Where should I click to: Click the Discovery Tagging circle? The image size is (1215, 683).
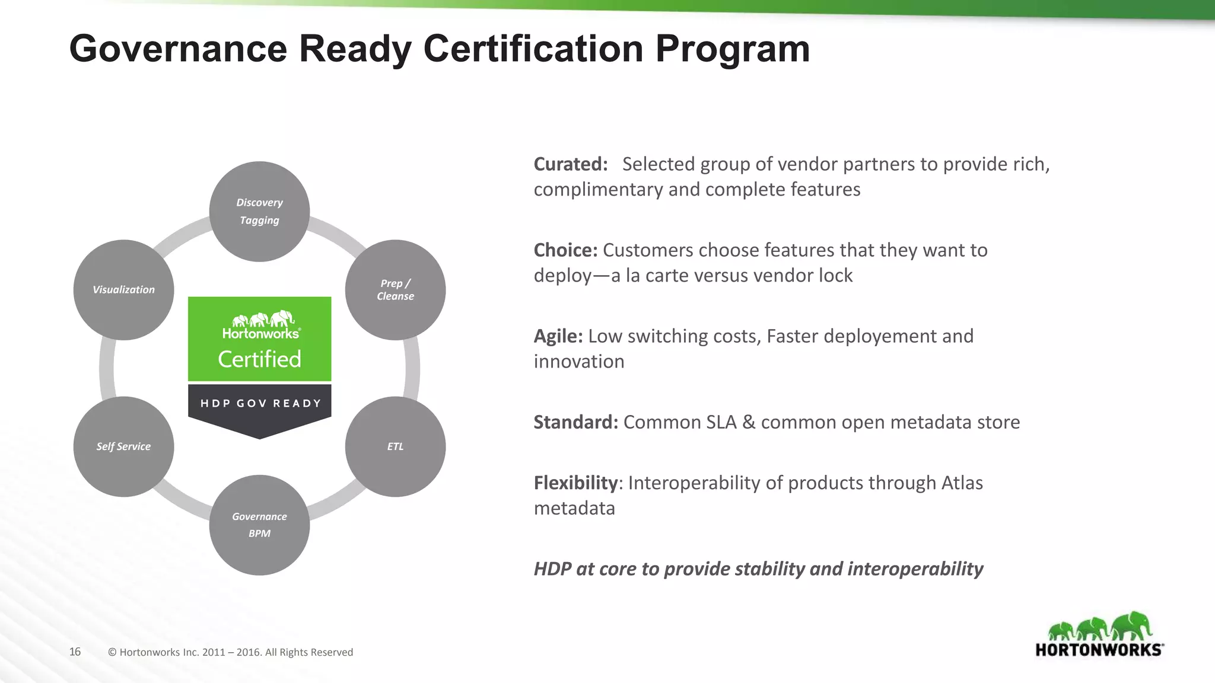click(259, 211)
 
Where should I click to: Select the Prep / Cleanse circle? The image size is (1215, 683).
click(395, 290)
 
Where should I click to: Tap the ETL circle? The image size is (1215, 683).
click(395, 446)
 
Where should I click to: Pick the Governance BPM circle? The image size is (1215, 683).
click(259, 525)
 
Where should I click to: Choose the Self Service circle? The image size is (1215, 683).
click(123, 446)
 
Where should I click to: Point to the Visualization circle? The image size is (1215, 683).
click(123, 290)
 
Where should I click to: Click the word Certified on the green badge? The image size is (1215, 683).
click(259, 359)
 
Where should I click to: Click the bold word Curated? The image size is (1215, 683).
click(570, 164)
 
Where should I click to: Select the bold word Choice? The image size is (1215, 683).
click(565, 250)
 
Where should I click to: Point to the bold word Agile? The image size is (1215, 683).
click(558, 336)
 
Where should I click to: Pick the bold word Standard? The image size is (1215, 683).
click(575, 422)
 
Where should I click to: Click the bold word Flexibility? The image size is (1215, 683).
click(575, 483)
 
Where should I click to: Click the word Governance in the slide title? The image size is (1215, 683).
click(178, 49)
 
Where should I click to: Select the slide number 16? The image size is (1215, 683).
click(75, 652)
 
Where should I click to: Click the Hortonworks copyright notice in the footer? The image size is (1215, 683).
click(230, 652)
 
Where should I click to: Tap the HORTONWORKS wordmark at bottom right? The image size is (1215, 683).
click(1099, 650)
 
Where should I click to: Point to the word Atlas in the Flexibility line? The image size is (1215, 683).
click(962, 483)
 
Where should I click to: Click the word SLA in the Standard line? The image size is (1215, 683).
click(713, 422)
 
